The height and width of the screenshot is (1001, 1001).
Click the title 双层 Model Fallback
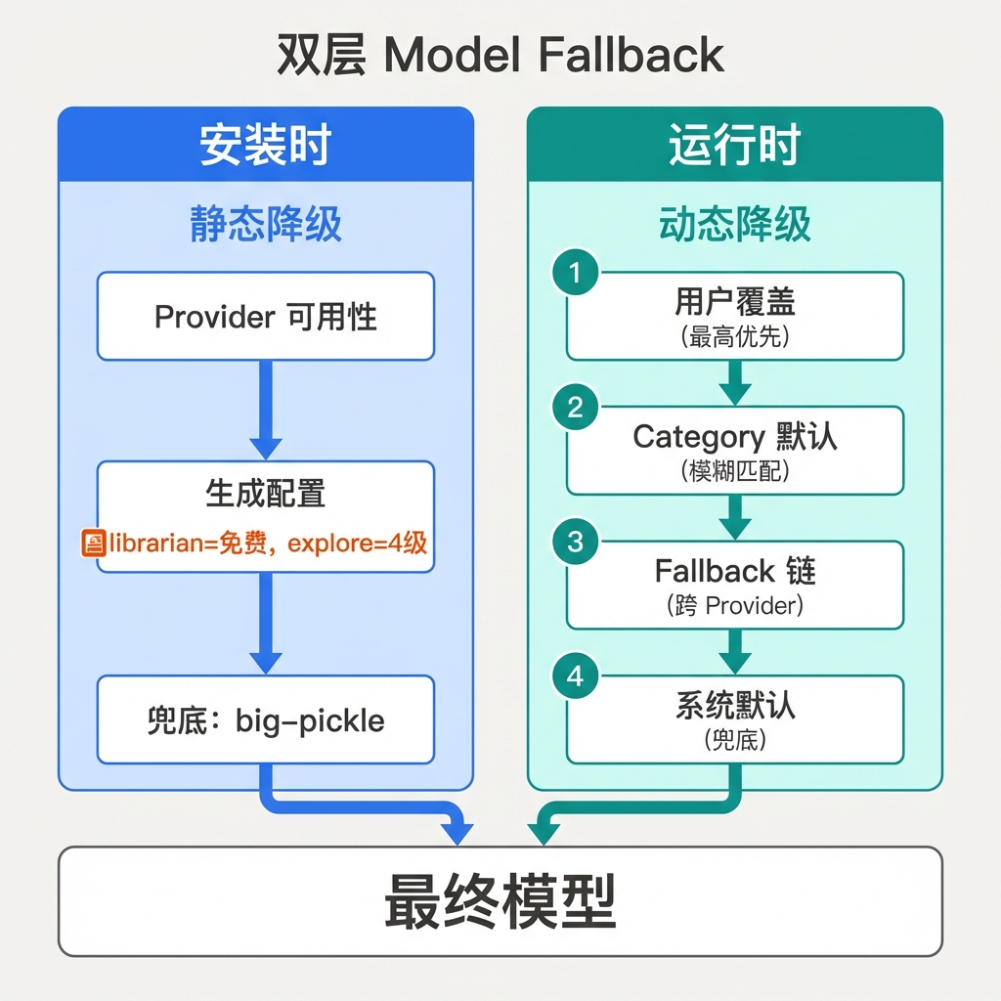pos(500,56)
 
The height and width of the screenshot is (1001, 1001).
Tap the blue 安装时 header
pos(265,145)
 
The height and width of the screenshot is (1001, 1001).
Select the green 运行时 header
pos(735,145)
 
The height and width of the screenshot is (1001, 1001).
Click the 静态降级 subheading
pos(265,225)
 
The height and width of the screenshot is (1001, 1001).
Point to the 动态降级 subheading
pos(735,225)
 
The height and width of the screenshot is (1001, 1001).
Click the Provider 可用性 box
pos(265,317)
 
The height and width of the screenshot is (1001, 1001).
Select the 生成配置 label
pos(265,494)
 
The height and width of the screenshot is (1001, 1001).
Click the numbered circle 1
pos(575,273)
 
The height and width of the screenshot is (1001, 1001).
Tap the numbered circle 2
pos(575,408)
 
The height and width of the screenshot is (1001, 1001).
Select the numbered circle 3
pos(575,542)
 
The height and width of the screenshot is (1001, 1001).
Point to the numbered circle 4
pos(575,676)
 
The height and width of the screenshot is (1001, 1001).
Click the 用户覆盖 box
pos(735,317)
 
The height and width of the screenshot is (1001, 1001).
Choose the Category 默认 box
pos(735,451)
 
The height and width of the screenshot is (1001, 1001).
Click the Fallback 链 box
pos(735,585)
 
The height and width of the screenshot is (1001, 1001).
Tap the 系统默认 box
pos(735,719)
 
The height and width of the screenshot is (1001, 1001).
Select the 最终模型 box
pos(500,900)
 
